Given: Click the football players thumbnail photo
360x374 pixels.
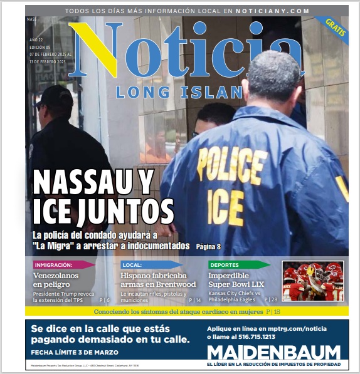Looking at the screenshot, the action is [312, 281].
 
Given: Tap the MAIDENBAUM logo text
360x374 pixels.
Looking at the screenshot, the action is [273, 351].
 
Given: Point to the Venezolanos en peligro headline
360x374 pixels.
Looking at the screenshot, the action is [57, 280].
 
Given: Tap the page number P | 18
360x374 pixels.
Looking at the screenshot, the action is [273, 311].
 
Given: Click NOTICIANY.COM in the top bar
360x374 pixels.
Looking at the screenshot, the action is [273, 11].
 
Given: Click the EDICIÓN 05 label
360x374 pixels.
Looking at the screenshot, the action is [41, 47].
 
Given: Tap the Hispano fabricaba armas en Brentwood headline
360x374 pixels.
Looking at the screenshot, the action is [154, 280].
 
